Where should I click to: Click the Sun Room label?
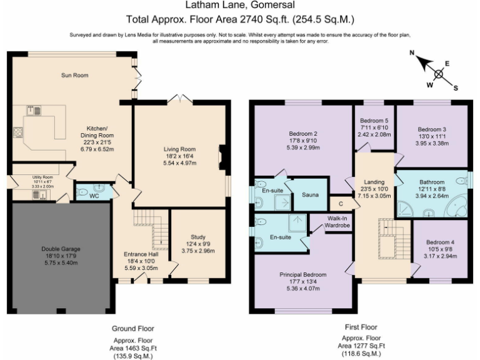[x=74, y=76]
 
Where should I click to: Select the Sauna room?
[x=310, y=195]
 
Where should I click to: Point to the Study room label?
[x=198, y=237]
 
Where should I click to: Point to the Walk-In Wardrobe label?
[x=338, y=221]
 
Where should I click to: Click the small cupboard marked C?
[x=341, y=203]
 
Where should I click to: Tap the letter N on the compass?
[x=412, y=54]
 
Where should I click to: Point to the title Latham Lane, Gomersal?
[x=240, y=7]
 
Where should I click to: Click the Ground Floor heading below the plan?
[x=132, y=328]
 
